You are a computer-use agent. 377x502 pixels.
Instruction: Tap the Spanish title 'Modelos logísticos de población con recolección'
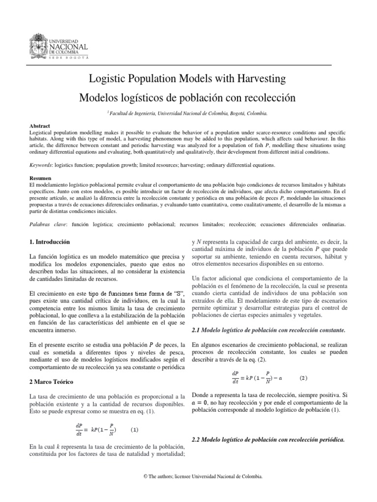(x=188, y=98)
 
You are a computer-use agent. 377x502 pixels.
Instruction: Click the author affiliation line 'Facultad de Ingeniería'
(x=188, y=113)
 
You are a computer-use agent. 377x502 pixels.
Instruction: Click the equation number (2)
(x=303, y=378)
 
